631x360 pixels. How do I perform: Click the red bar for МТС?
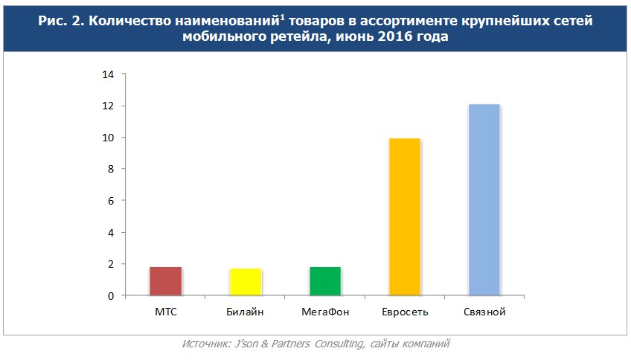point(165,280)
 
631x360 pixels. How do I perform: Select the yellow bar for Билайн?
point(245,281)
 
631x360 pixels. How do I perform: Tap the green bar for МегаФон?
point(324,280)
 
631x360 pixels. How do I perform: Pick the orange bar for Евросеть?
point(404,216)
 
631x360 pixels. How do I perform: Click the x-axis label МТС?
point(165,312)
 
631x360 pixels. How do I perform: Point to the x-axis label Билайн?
point(245,312)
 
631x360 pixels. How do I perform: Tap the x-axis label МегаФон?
point(324,312)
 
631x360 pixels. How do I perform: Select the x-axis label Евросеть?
point(404,312)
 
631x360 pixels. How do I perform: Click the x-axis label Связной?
point(484,312)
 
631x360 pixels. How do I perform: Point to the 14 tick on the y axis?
point(108,74)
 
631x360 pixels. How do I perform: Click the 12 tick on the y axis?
point(108,106)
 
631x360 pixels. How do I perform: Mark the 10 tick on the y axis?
point(108,138)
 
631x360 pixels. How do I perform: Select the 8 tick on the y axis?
point(110,170)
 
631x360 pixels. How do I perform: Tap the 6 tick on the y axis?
point(110,201)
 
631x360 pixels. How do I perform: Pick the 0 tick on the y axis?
point(110,296)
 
